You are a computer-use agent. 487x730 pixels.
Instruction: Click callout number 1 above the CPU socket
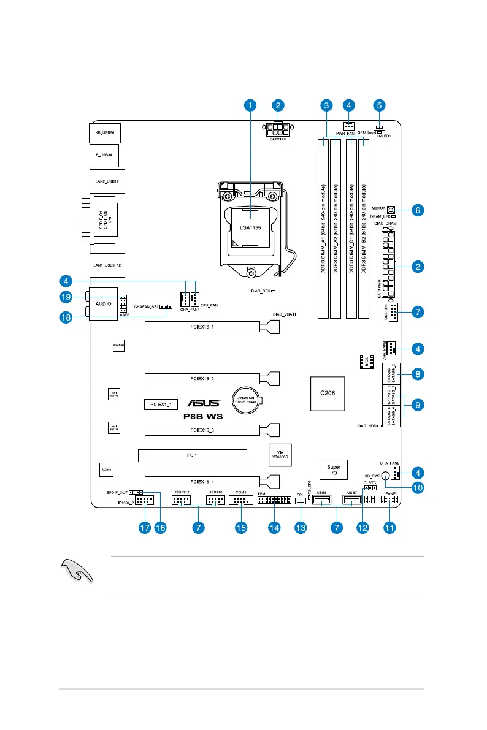(x=250, y=105)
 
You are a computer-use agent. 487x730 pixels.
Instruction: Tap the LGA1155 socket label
(x=250, y=227)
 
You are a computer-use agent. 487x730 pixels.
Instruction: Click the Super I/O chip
(x=334, y=469)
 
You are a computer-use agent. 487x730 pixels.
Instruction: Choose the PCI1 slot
(x=192, y=455)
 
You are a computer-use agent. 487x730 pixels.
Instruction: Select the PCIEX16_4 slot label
(x=202, y=481)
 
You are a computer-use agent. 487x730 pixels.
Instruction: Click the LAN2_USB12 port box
(x=107, y=181)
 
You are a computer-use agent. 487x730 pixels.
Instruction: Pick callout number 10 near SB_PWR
(x=417, y=489)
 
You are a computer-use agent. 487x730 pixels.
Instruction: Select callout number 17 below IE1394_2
(x=145, y=527)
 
